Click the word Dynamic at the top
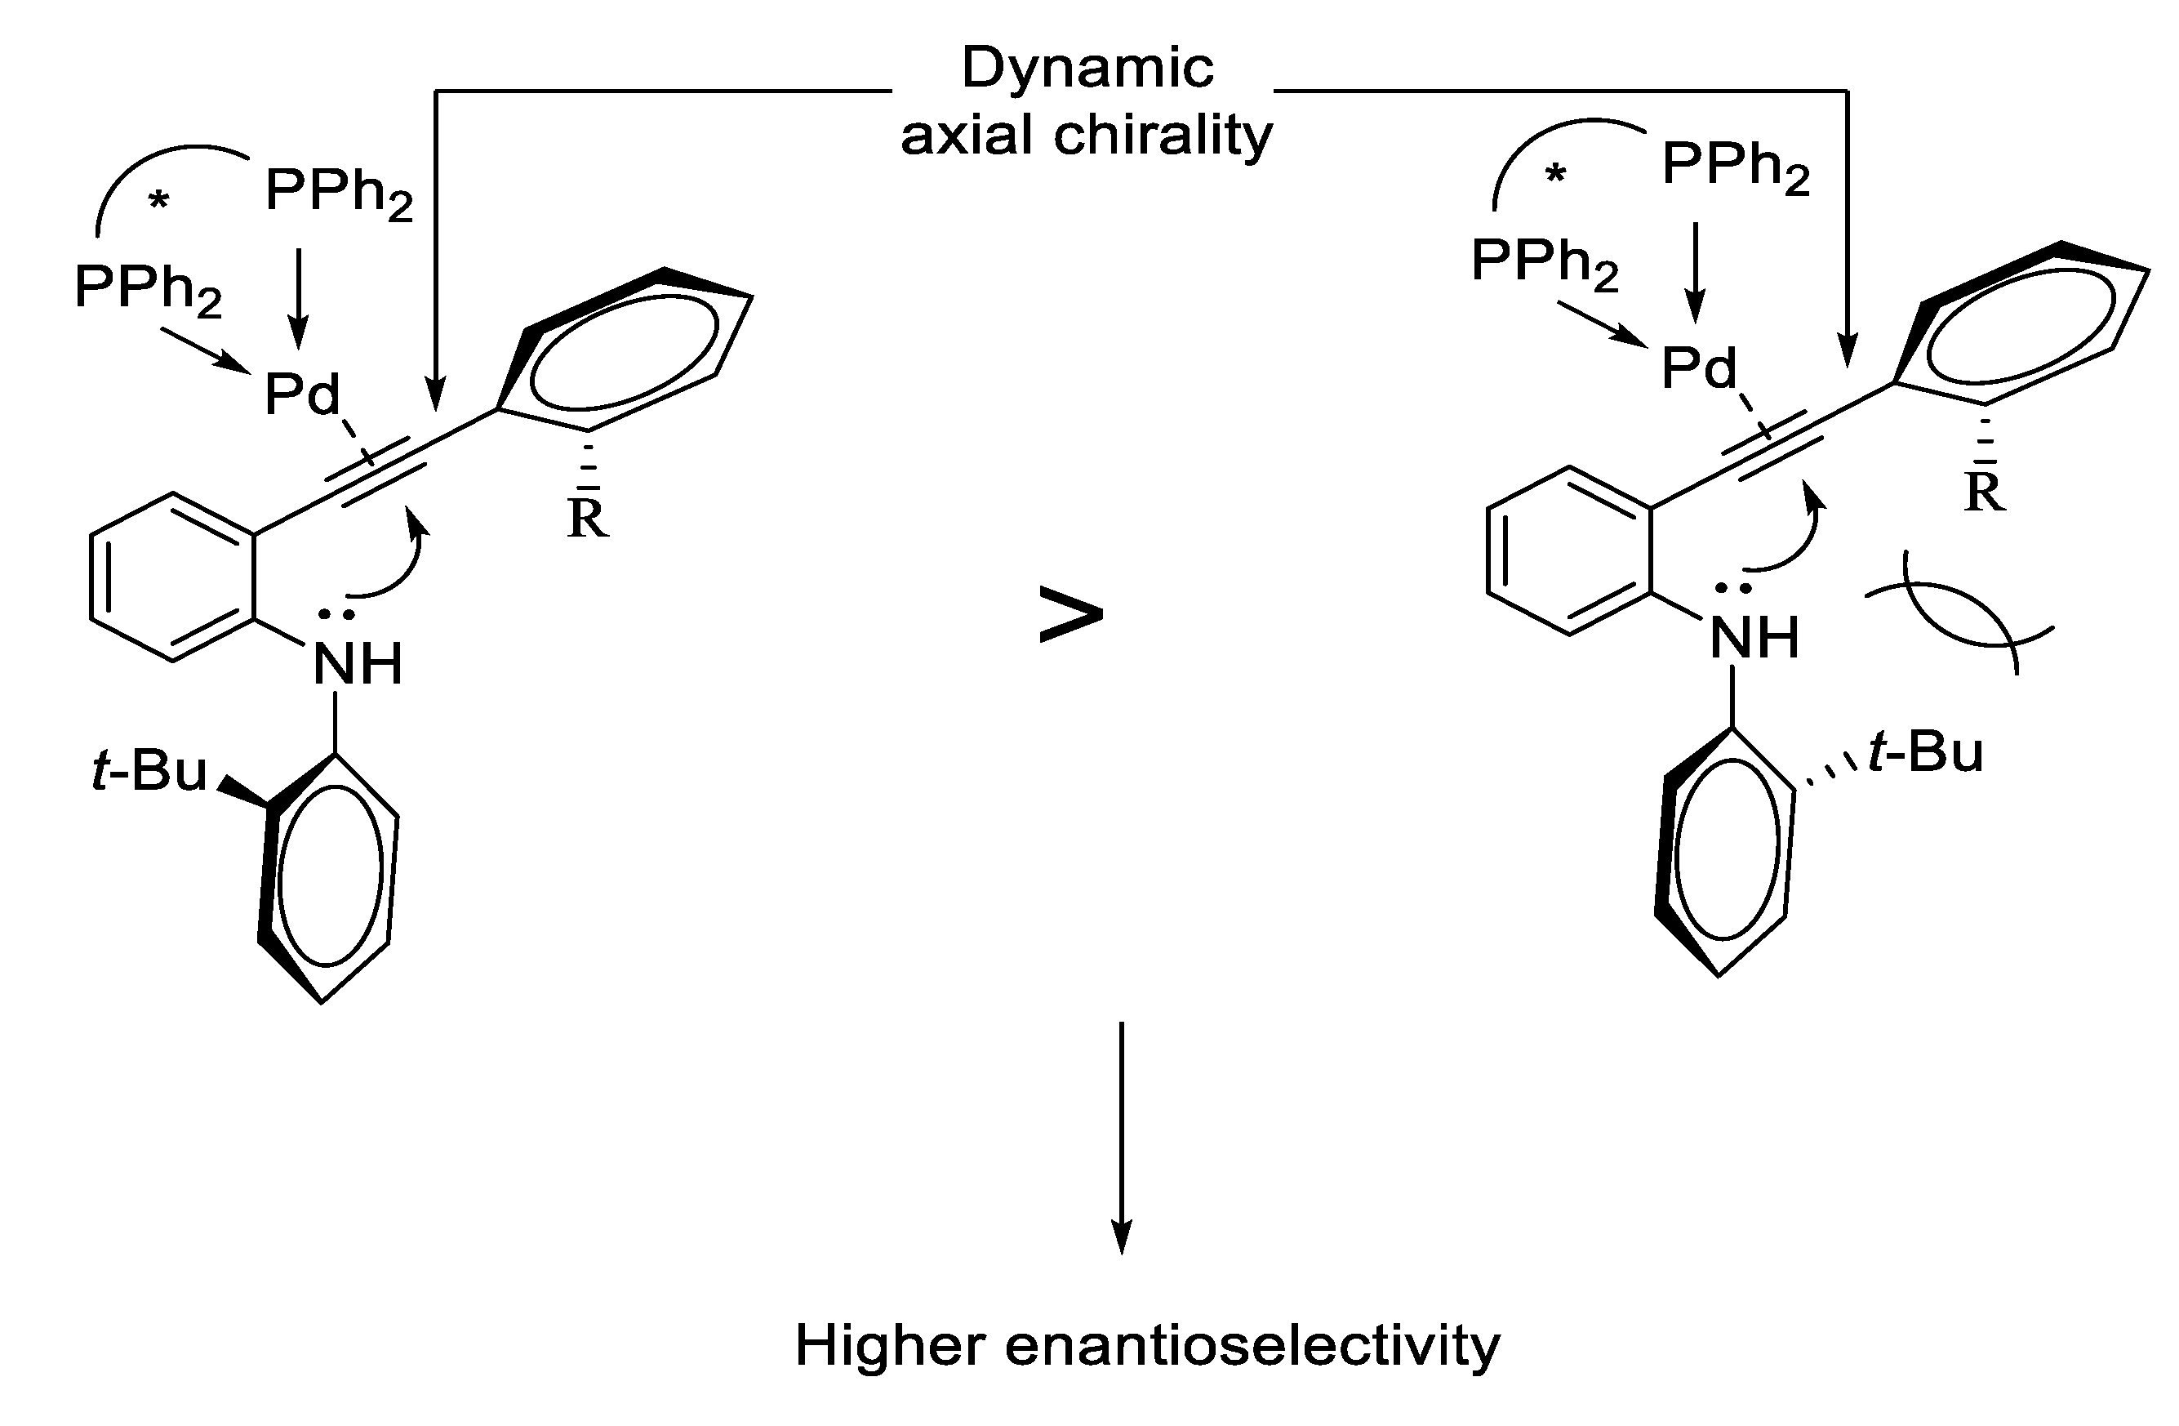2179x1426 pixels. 1087,68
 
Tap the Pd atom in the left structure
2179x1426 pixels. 302,394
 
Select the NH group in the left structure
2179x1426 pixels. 357,664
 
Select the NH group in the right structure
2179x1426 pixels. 1754,637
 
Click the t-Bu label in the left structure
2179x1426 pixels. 149,770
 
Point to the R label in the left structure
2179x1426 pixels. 587,519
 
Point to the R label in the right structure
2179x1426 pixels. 1984,492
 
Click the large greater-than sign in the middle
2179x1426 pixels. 1070,616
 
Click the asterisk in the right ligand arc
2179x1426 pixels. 1555,174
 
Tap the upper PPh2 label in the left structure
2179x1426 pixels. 338,192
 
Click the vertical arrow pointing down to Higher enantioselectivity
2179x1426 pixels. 1122,1136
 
